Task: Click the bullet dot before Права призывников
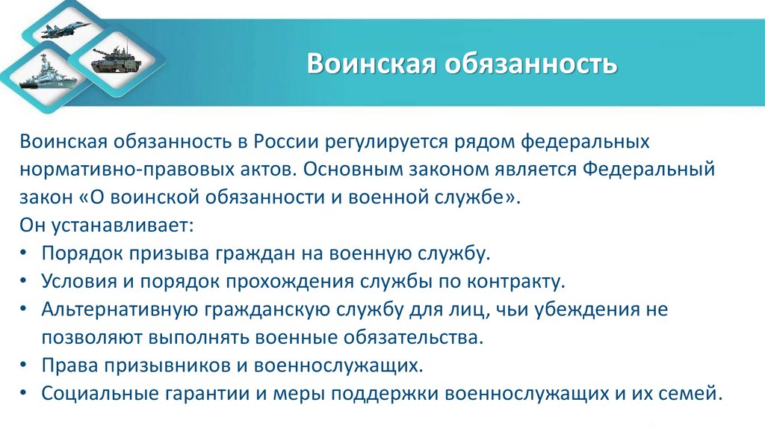[25, 365]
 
